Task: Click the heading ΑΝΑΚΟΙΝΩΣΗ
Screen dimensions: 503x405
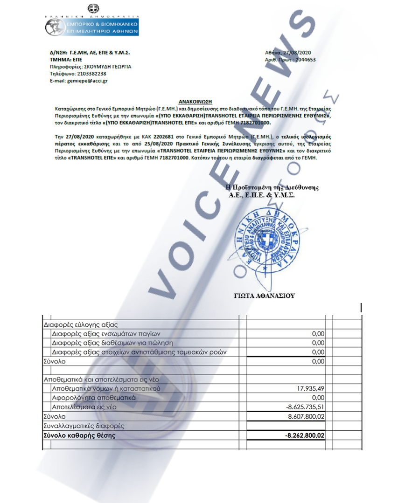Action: pyautogui.click(x=196, y=101)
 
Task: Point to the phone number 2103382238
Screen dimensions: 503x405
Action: pyautogui.click(x=91, y=74)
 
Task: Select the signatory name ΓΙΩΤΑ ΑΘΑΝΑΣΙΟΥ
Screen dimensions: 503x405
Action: pyautogui.click(x=264, y=296)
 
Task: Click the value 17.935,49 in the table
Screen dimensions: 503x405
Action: pyautogui.click(x=310, y=388)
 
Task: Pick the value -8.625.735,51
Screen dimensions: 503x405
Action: pyautogui.click(x=305, y=407)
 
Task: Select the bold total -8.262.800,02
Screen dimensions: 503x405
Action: pyautogui.click(x=304, y=435)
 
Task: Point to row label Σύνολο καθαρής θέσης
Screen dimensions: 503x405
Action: pyautogui.click(x=79, y=435)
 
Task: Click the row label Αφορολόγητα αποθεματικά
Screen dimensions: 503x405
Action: pyautogui.click(x=94, y=398)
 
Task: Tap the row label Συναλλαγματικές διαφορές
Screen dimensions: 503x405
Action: pyautogui.click(x=84, y=426)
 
